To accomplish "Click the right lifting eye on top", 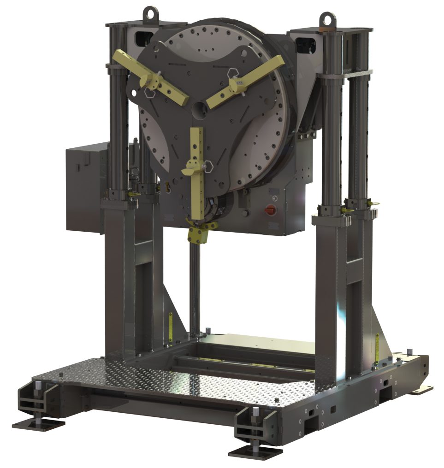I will tap(327, 19).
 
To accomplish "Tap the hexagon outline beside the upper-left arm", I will tap(150, 92).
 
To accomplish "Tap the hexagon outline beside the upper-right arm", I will tap(233, 73).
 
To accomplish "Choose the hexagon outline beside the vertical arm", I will tap(207, 165).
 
